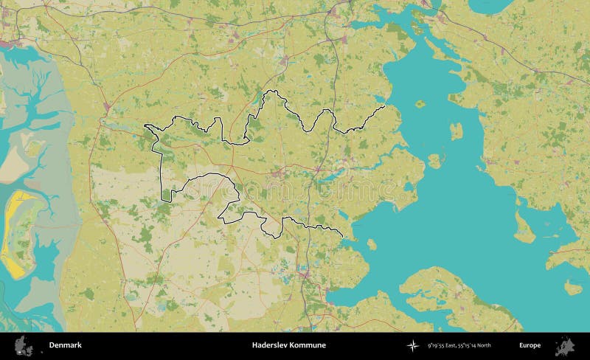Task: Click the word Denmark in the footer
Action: tap(65, 345)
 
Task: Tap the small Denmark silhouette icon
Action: tap(24, 345)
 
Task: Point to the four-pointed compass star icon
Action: tap(412, 345)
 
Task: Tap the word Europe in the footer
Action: tap(530, 345)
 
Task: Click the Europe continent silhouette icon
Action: tap(564, 345)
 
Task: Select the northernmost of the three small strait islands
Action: tap(420, 104)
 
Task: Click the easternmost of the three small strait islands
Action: tap(456, 131)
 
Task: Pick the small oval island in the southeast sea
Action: tap(572, 286)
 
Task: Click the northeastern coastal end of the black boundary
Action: tap(384, 107)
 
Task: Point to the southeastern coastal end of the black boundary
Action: tap(343, 235)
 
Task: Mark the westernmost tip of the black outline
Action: tap(145, 126)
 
